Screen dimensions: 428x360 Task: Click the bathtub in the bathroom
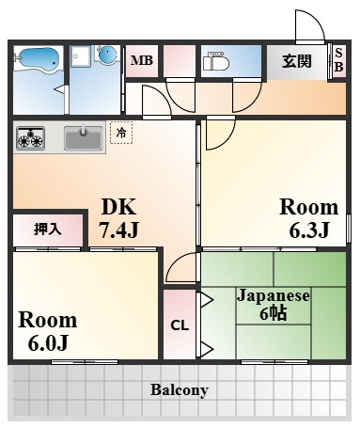[x=39, y=62]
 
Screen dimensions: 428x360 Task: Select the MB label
[x=141, y=62]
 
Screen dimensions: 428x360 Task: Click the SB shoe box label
[x=339, y=62]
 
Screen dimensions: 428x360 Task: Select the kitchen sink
[x=84, y=139]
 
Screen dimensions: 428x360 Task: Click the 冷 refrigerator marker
[x=120, y=134]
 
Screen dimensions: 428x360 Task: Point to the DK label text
[x=117, y=208]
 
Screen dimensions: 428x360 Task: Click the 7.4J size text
[x=118, y=229]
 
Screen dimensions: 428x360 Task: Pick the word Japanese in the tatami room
[x=273, y=295]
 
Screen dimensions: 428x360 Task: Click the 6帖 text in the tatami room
[x=274, y=314]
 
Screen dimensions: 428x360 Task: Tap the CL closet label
[x=179, y=325]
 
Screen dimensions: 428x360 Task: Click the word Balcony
[x=179, y=389]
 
